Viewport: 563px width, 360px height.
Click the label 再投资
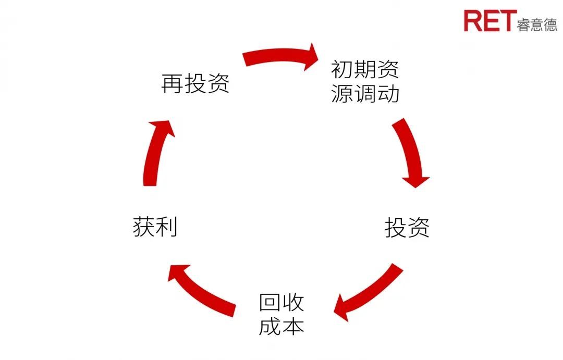click(x=195, y=84)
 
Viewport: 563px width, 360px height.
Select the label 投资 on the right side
click(x=407, y=228)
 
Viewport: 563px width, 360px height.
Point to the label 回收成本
click(x=281, y=314)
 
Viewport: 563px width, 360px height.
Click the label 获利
click(x=155, y=228)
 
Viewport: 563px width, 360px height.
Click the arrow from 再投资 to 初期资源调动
click(x=281, y=56)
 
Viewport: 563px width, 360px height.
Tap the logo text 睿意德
click(x=537, y=24)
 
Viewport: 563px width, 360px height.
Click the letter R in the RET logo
click(x=473, y=20)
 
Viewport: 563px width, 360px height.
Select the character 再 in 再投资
click(x=173, y=84)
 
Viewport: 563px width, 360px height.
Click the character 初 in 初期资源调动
click(x=342, y=69)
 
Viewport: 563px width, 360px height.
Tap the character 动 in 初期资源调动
click(x=388, y=94)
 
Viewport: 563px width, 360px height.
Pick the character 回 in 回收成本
click(x=270, y=302)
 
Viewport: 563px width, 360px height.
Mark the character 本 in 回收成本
click(x=293, y=326)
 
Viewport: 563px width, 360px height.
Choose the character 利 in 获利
click(x=167, y=228)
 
